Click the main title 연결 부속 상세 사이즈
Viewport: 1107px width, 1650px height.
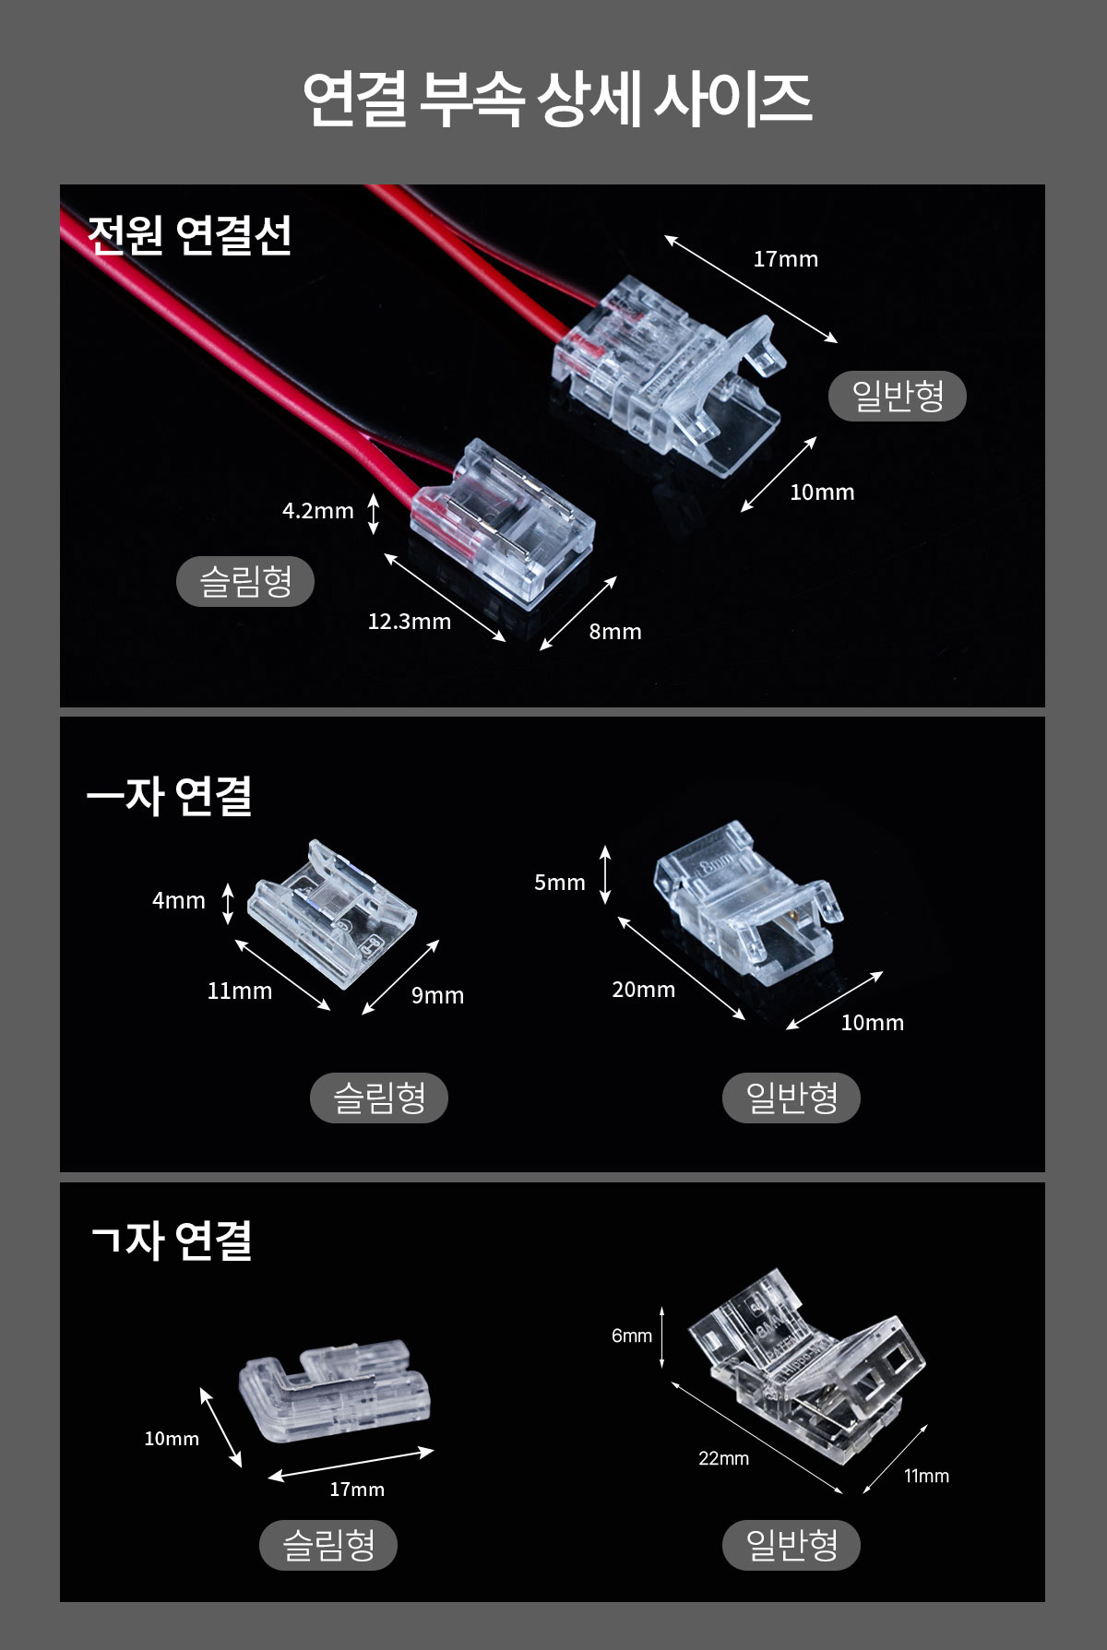click(x=557, y=100)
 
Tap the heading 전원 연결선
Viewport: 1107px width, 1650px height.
click(x=189, y=234)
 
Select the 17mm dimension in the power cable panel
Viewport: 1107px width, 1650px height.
click(x=785, y=259)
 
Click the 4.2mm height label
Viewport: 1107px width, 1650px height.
click(x=318, y=511)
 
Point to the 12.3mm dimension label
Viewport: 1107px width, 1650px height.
click(x=410, y=622)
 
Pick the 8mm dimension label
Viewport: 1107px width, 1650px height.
click(x=615, y=632)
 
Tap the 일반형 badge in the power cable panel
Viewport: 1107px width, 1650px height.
click(x=898, y=397)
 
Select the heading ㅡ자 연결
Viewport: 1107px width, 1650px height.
click(x=170, y=796)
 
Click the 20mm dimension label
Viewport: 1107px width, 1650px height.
click(x=644, y=990)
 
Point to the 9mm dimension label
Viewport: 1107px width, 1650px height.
click(x=437, y=995)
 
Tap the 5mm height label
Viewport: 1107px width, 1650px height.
click(x=560, y=883)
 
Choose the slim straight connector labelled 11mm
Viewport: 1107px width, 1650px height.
click(x=333, y=912)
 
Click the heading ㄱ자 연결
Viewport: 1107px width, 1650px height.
click(x=172, y=1240)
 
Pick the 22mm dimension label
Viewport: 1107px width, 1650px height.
click(x=723, y=1458)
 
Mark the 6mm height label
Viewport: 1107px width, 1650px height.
click(x=632, y=1335)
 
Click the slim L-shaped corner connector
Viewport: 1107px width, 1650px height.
click(x=335, y=1390)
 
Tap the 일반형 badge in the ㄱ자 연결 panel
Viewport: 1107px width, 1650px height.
click(x=792, y=1545)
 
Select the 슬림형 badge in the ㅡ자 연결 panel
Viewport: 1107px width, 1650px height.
click(x=379, y=1098)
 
